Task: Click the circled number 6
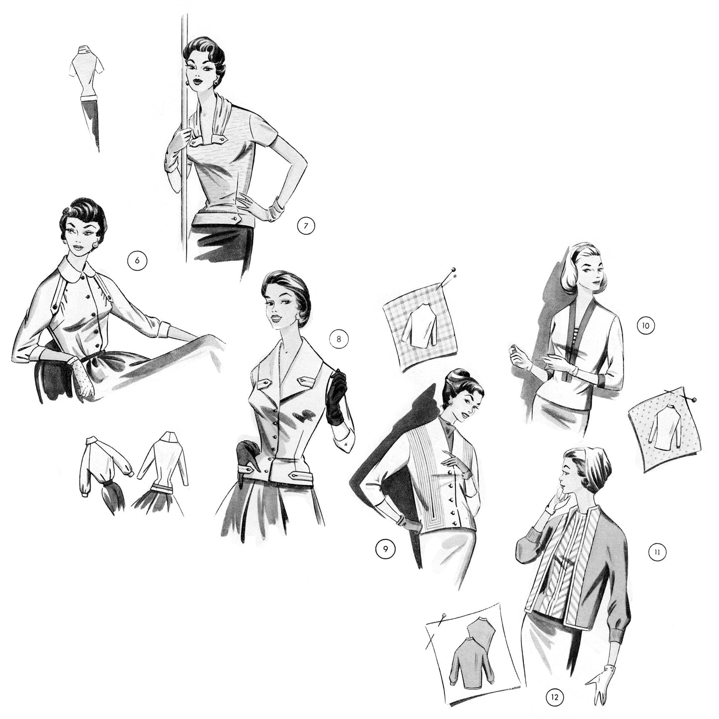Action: point(137,260)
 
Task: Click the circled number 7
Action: point(306,226)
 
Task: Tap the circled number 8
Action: point(339,339)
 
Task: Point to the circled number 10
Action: point(645,326)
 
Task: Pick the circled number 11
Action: point(657,551)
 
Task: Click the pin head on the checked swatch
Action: point(453,269)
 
